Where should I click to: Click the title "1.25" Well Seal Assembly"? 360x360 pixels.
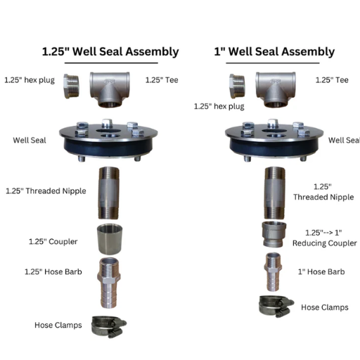pos(110,52)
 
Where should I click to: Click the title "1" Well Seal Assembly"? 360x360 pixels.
pos(275,52)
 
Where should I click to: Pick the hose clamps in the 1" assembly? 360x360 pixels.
pos(276,304)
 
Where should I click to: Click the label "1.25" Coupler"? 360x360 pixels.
pos(53,242)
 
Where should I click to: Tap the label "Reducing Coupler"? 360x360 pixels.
pos(324,243)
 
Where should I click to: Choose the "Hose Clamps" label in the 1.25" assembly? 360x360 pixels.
pos(58,325)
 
